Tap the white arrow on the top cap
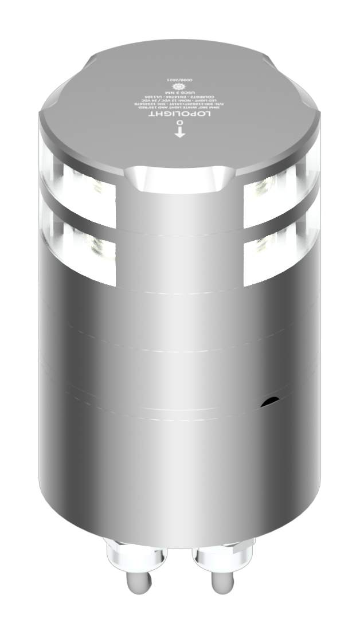point(180,134)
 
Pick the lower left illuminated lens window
point(86,249)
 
